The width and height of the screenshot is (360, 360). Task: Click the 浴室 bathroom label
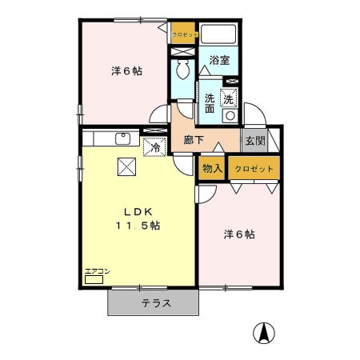[218, 60]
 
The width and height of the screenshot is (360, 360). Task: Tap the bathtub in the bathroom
[218, 35]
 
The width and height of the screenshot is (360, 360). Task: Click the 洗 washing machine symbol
[230, 99]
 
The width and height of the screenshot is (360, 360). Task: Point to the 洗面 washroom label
[210, 105]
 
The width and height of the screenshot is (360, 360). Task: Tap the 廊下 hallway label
[193, 140]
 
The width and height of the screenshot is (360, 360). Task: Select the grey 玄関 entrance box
[254, 141]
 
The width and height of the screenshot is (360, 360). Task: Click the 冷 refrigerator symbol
[154, 146]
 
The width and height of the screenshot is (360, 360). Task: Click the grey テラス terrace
[154, 302]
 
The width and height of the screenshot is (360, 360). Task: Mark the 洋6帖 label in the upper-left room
[127, 71]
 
